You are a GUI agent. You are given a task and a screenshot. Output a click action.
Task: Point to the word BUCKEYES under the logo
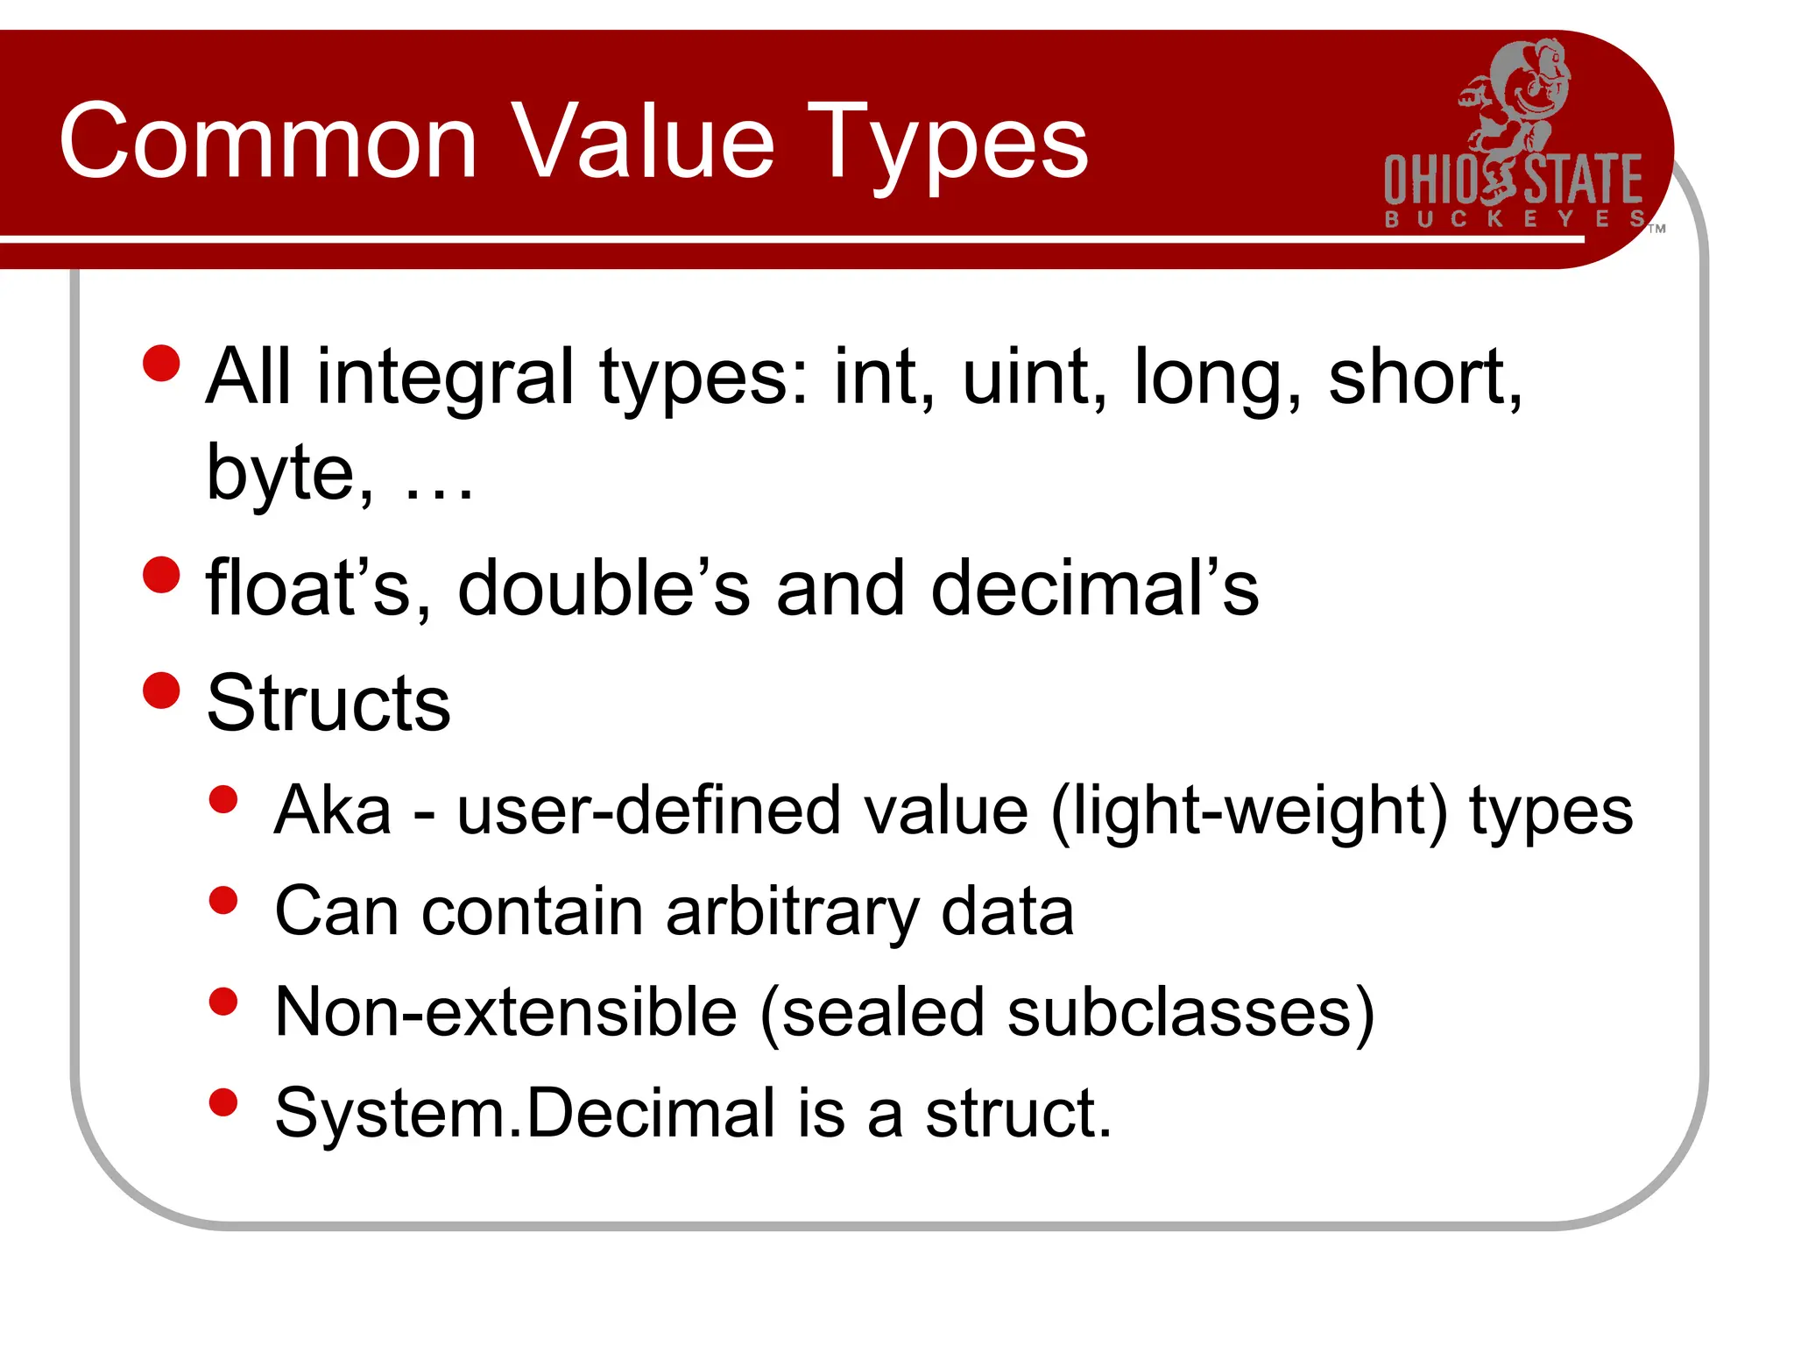[1515, 219]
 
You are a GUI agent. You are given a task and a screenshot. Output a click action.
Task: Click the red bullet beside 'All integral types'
[161, 363]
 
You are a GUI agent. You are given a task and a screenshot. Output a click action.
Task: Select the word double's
[604, 588]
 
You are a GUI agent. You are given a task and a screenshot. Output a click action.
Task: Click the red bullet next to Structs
[161, 690]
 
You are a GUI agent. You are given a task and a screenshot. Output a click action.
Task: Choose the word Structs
[328, 703]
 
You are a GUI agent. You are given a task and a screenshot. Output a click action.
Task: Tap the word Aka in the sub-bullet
[333, 811]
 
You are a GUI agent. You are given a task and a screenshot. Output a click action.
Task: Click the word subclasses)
[1191, 1012]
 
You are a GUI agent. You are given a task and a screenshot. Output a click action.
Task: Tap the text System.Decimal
[526, 1113]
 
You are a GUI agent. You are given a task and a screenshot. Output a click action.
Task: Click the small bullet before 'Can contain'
[224, 901]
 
